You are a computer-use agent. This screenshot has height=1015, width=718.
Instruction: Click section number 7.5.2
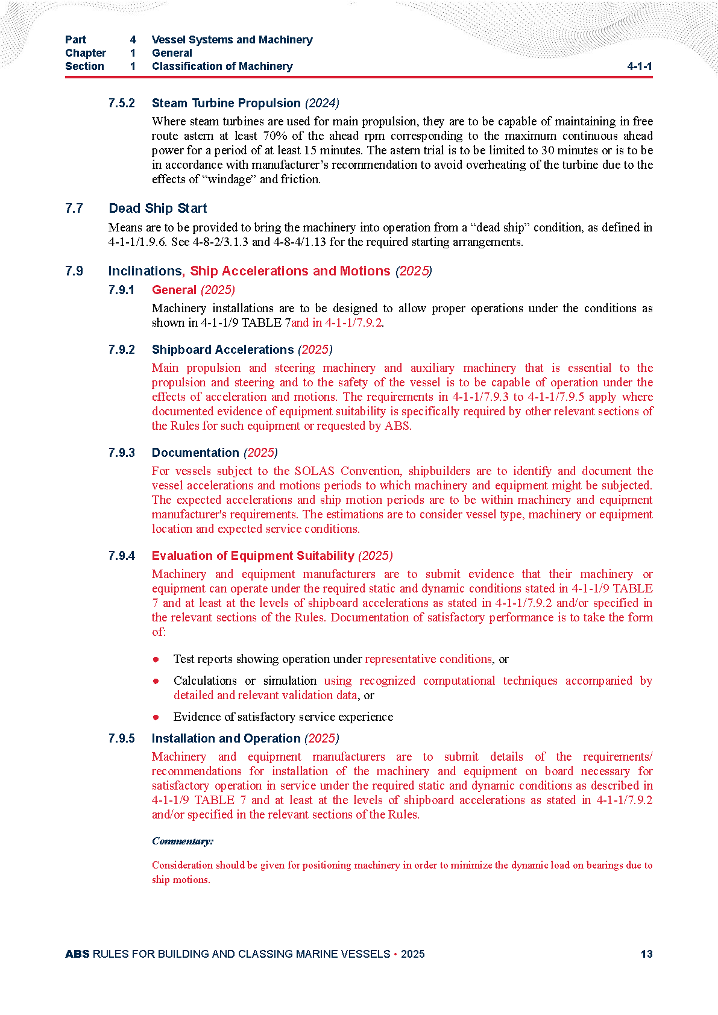[121, 104]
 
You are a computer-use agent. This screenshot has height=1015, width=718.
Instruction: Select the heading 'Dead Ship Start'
[157, 209]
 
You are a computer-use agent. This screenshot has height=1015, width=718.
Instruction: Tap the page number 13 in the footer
[646, 954]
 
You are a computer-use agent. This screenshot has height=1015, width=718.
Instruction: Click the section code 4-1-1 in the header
[639, 66]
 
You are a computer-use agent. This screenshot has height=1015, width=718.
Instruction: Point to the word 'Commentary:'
[182, 841]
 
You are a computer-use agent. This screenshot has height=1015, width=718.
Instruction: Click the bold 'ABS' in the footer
[77, 954]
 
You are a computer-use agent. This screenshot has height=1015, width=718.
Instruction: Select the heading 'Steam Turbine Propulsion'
[226, 103]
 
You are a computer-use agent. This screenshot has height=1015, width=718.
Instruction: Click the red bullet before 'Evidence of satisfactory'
[156, 717]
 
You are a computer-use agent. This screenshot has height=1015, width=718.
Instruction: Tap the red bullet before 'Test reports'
[156, 659]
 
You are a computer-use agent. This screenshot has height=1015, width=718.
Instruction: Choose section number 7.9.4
[121, 556]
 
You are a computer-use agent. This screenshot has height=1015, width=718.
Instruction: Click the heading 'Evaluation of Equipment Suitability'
[253, 556]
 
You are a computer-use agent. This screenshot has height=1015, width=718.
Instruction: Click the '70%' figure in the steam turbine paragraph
[275, 136]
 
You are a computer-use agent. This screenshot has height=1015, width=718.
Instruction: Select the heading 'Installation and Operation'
[225, 738]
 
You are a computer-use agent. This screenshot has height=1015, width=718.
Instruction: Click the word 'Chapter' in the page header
[86, 53]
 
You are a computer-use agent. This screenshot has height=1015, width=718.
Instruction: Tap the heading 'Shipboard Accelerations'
[222, 350]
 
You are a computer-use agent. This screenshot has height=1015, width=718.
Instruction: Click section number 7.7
[74, 209]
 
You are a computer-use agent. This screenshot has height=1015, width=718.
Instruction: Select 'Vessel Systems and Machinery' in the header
[232, 40]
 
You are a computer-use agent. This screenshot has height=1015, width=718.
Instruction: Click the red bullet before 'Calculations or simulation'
[156, 681]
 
